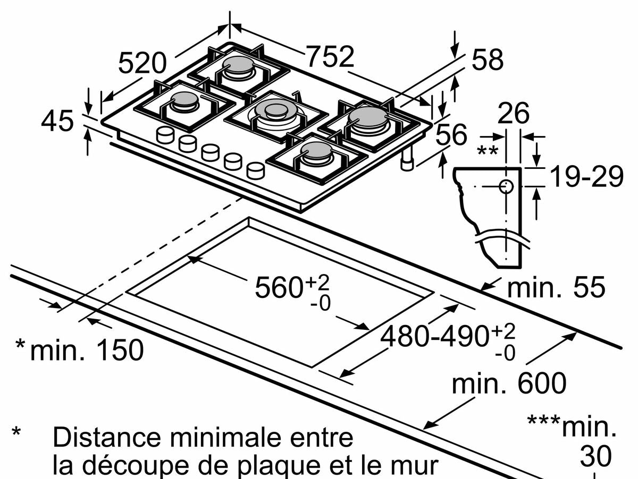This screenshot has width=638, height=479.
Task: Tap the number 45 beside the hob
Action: click(x=57, y=121)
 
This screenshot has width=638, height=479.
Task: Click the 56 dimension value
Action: click(x=451, y=134)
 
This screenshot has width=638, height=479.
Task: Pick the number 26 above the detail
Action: click(x=513, y=113)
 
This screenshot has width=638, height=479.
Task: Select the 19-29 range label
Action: click(x=586, y=176)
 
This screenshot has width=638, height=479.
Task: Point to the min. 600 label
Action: click(x=509, y=383)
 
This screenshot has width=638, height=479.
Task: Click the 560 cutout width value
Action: click(x=279, y=287)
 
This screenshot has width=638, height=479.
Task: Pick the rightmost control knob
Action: click(x=256, y=170)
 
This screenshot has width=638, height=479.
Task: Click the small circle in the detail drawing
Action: click(x=506, y=186)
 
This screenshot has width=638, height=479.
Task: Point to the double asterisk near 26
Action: click(x=487, y=151)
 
